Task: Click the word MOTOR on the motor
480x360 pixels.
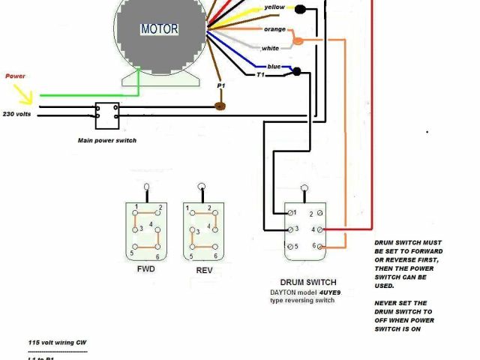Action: [159, 29]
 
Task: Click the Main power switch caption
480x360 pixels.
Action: [107, 140]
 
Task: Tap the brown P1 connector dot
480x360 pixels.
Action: [220, 106]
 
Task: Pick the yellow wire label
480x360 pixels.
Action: [274, 8]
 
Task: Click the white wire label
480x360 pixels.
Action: [271, 48]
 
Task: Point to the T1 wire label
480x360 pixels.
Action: [261, 75]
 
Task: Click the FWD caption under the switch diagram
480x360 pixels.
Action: [145, 268]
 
